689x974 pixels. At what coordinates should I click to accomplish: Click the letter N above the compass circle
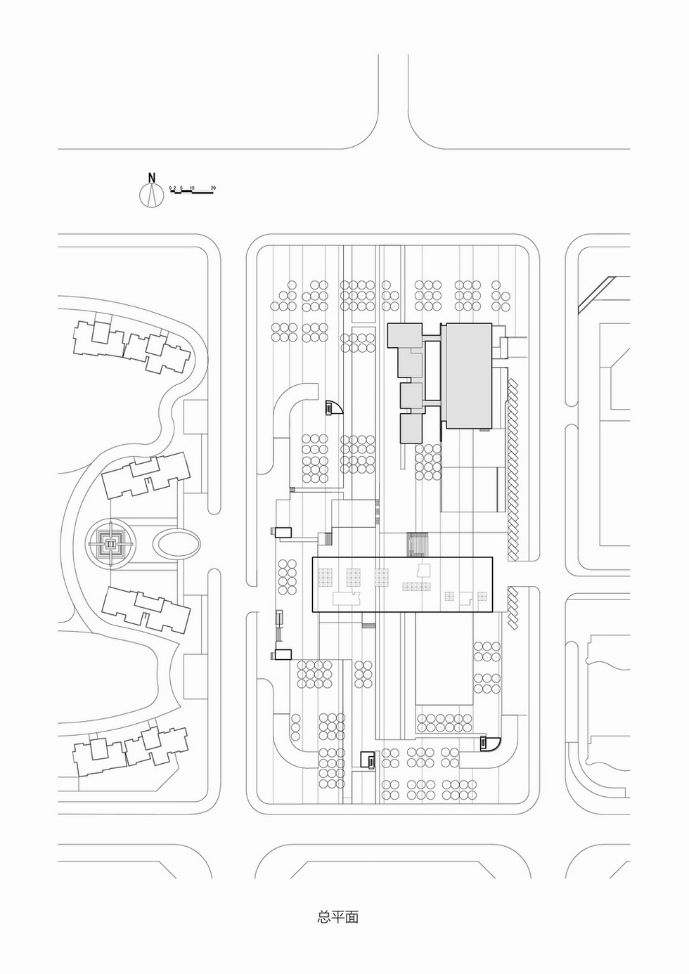151,177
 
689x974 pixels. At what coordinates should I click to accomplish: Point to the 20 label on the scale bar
213,188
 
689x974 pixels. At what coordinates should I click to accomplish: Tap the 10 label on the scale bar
192,188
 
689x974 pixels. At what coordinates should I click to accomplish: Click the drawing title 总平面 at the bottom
338,917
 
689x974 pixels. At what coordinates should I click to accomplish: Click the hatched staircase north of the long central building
418,544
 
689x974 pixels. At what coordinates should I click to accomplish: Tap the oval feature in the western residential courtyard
176,545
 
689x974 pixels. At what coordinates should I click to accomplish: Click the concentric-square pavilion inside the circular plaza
110,544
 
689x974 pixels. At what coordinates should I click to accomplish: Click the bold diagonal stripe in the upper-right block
595,293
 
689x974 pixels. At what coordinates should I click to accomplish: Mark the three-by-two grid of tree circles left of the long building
287,577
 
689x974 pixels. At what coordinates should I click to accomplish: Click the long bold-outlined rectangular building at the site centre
403,584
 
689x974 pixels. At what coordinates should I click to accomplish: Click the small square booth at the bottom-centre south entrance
367,759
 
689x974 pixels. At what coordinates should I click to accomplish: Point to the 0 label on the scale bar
170,188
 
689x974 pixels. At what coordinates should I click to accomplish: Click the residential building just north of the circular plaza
146,476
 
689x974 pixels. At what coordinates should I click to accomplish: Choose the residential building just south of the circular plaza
146,609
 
